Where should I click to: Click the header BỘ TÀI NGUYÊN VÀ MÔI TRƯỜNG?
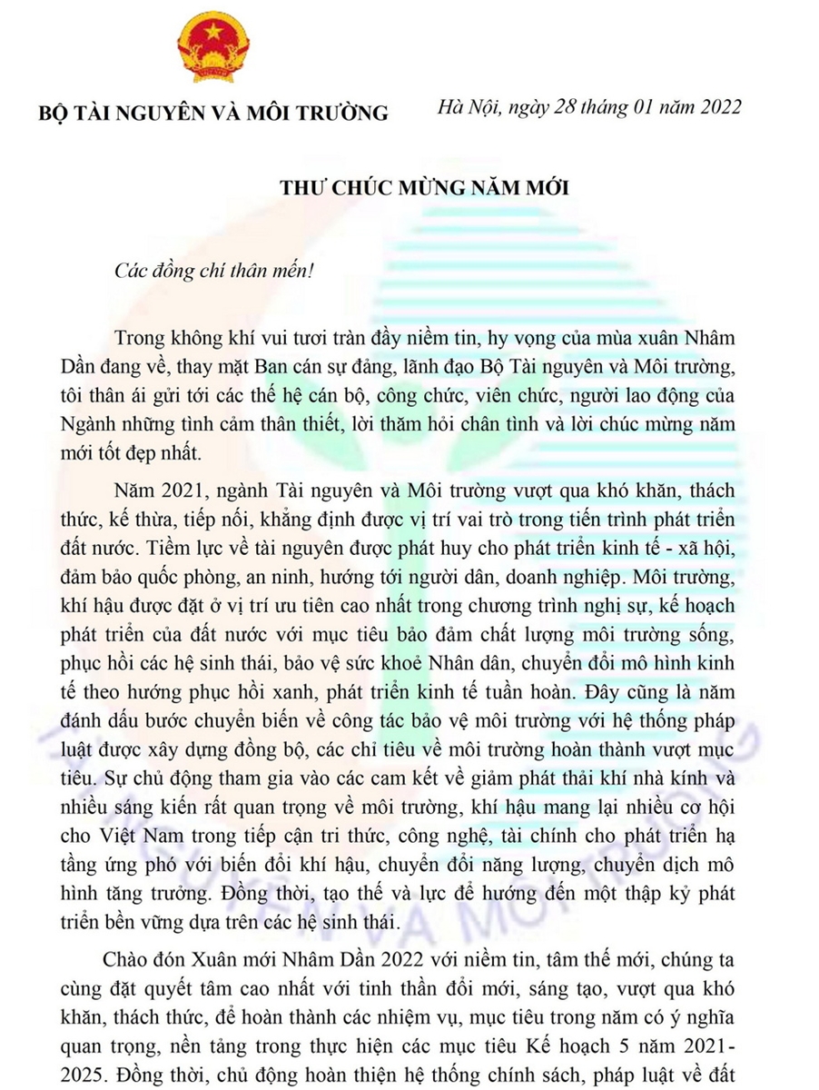212,114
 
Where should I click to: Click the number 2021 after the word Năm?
179,491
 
